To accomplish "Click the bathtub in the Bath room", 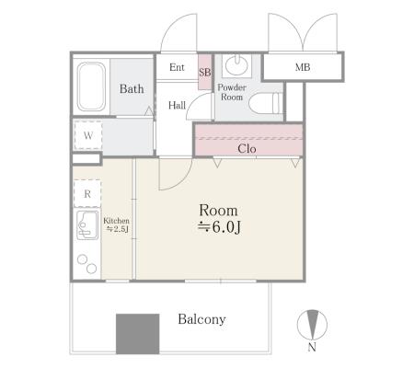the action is coord(91,86).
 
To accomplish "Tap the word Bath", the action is coord(132,89).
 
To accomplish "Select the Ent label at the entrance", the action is coord(177,67).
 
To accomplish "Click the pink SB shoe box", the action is coord(205,72).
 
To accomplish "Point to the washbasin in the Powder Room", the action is coord(236,64).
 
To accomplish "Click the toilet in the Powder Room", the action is coord(266,103).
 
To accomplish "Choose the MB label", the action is coord(303,67).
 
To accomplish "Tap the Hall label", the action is coord(177,105).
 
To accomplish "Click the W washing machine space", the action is coord(88,135).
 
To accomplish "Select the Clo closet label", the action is coord(247,149).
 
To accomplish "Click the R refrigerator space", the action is coord(87,193).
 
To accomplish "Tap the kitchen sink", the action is coord(87,225).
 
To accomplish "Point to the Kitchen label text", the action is coord(116,221).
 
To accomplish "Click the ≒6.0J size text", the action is coord(219,227).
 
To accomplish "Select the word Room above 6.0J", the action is coord(218,211).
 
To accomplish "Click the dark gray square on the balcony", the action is coord(138,334).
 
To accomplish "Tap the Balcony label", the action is coord(201,319).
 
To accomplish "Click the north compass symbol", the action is coord(312,325).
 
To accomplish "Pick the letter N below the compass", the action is coord(312,347).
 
